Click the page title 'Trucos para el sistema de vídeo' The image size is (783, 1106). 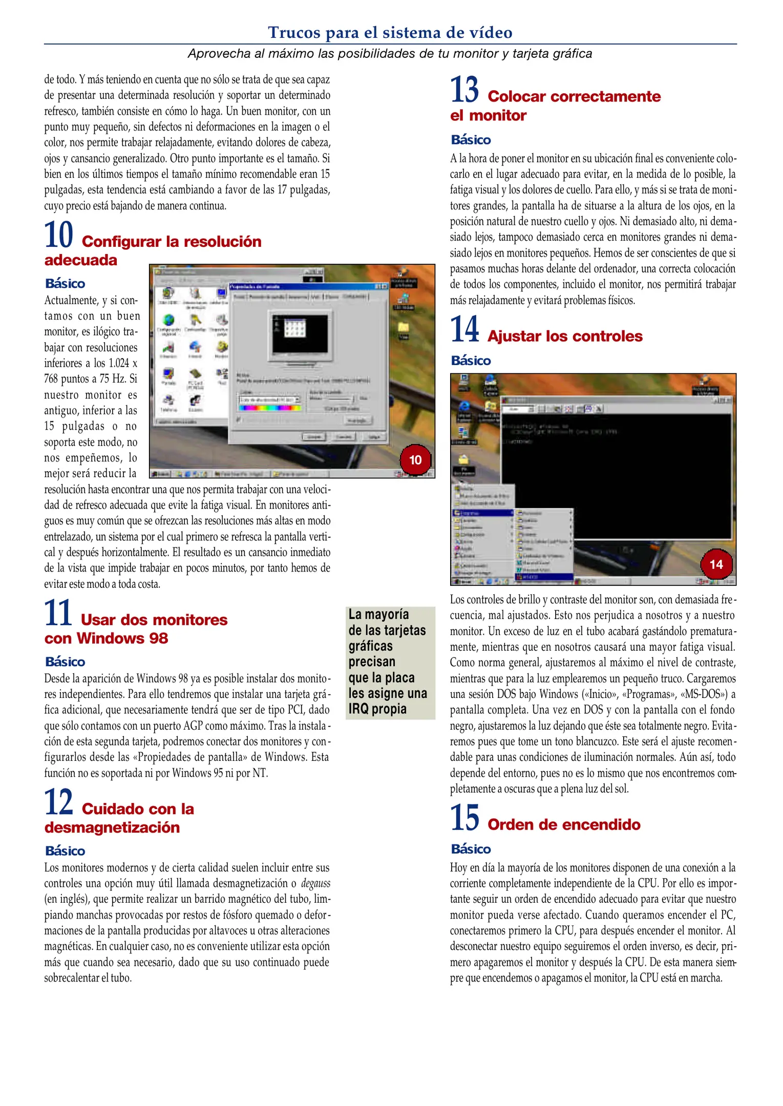[390, 32]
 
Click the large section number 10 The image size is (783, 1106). [58, 235]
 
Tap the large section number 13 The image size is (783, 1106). [464, 90]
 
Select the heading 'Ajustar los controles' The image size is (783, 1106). [564, 336]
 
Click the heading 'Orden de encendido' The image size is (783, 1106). [563, 824]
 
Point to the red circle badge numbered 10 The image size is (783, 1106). [415, 460]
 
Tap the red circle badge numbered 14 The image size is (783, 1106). [716, 564]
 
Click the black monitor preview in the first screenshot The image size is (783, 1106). [300, 333]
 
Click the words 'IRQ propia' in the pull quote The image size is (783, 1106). [377, 709]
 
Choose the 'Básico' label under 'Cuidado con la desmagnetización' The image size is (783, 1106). [65, 851]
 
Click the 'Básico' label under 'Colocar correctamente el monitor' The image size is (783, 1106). [471, 140]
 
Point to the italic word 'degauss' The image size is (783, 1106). [315, 883]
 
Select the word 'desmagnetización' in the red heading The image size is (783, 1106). [112, 827]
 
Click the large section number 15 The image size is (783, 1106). [464, 818]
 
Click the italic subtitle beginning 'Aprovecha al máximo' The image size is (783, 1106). [390, 54]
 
